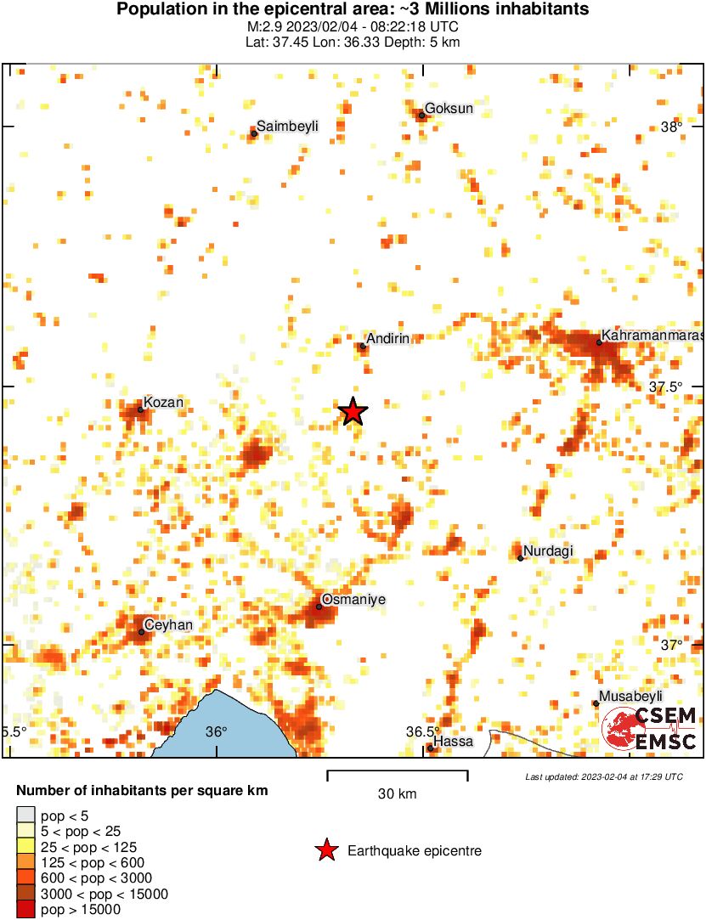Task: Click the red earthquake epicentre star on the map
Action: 353,412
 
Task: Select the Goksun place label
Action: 449,108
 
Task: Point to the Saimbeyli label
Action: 288,126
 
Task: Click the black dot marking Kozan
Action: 140,409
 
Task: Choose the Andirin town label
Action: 389,338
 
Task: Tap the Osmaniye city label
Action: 353,600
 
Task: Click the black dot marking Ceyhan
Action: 141,632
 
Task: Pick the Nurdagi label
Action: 548,551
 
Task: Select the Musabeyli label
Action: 630,697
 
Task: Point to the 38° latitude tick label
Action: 672,127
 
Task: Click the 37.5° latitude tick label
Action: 666,387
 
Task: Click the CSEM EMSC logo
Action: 650,729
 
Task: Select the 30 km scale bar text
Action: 398,794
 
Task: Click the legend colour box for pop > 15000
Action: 26,910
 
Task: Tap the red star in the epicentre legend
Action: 326,850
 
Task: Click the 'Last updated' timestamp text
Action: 604,776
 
